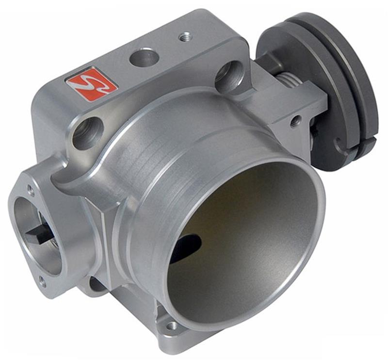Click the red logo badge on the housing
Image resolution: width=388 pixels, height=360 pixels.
pyautogui.click(x=92, y=83)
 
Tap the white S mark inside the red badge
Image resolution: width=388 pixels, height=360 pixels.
pyautogui.click(x=92, y=83)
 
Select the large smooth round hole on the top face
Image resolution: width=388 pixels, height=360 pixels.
pyautogui.click(x=145, y=58)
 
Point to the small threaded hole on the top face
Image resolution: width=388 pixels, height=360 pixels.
pyautogui.click(x=185, y=36)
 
